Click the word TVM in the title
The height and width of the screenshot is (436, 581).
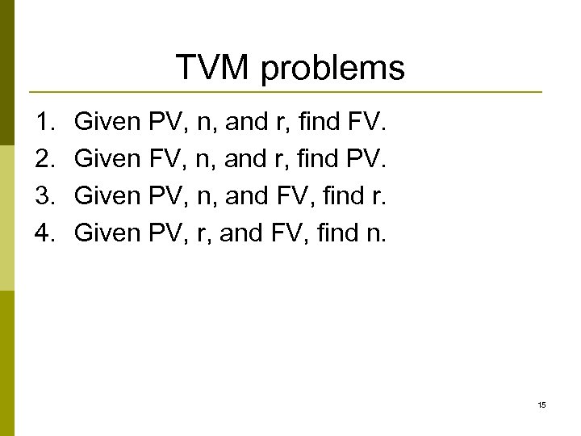click(212, 68)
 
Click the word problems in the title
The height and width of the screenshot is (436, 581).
click(333, 69)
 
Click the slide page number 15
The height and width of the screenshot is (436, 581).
click(541, 405)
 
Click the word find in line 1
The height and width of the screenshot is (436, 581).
click(320, 124)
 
